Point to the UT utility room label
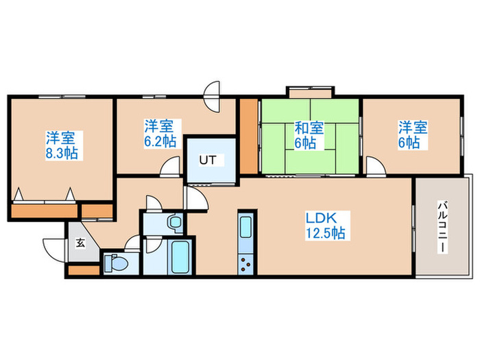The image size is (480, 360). coord(208,160)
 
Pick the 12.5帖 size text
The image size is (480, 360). coord(326,233)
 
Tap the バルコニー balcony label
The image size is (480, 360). coord(442,226)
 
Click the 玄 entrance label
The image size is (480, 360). coord(80,241)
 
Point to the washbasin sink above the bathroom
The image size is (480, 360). coord(173,222)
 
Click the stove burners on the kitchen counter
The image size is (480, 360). coord(246,262)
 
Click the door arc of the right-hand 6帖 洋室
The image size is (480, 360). coord(374,167)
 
